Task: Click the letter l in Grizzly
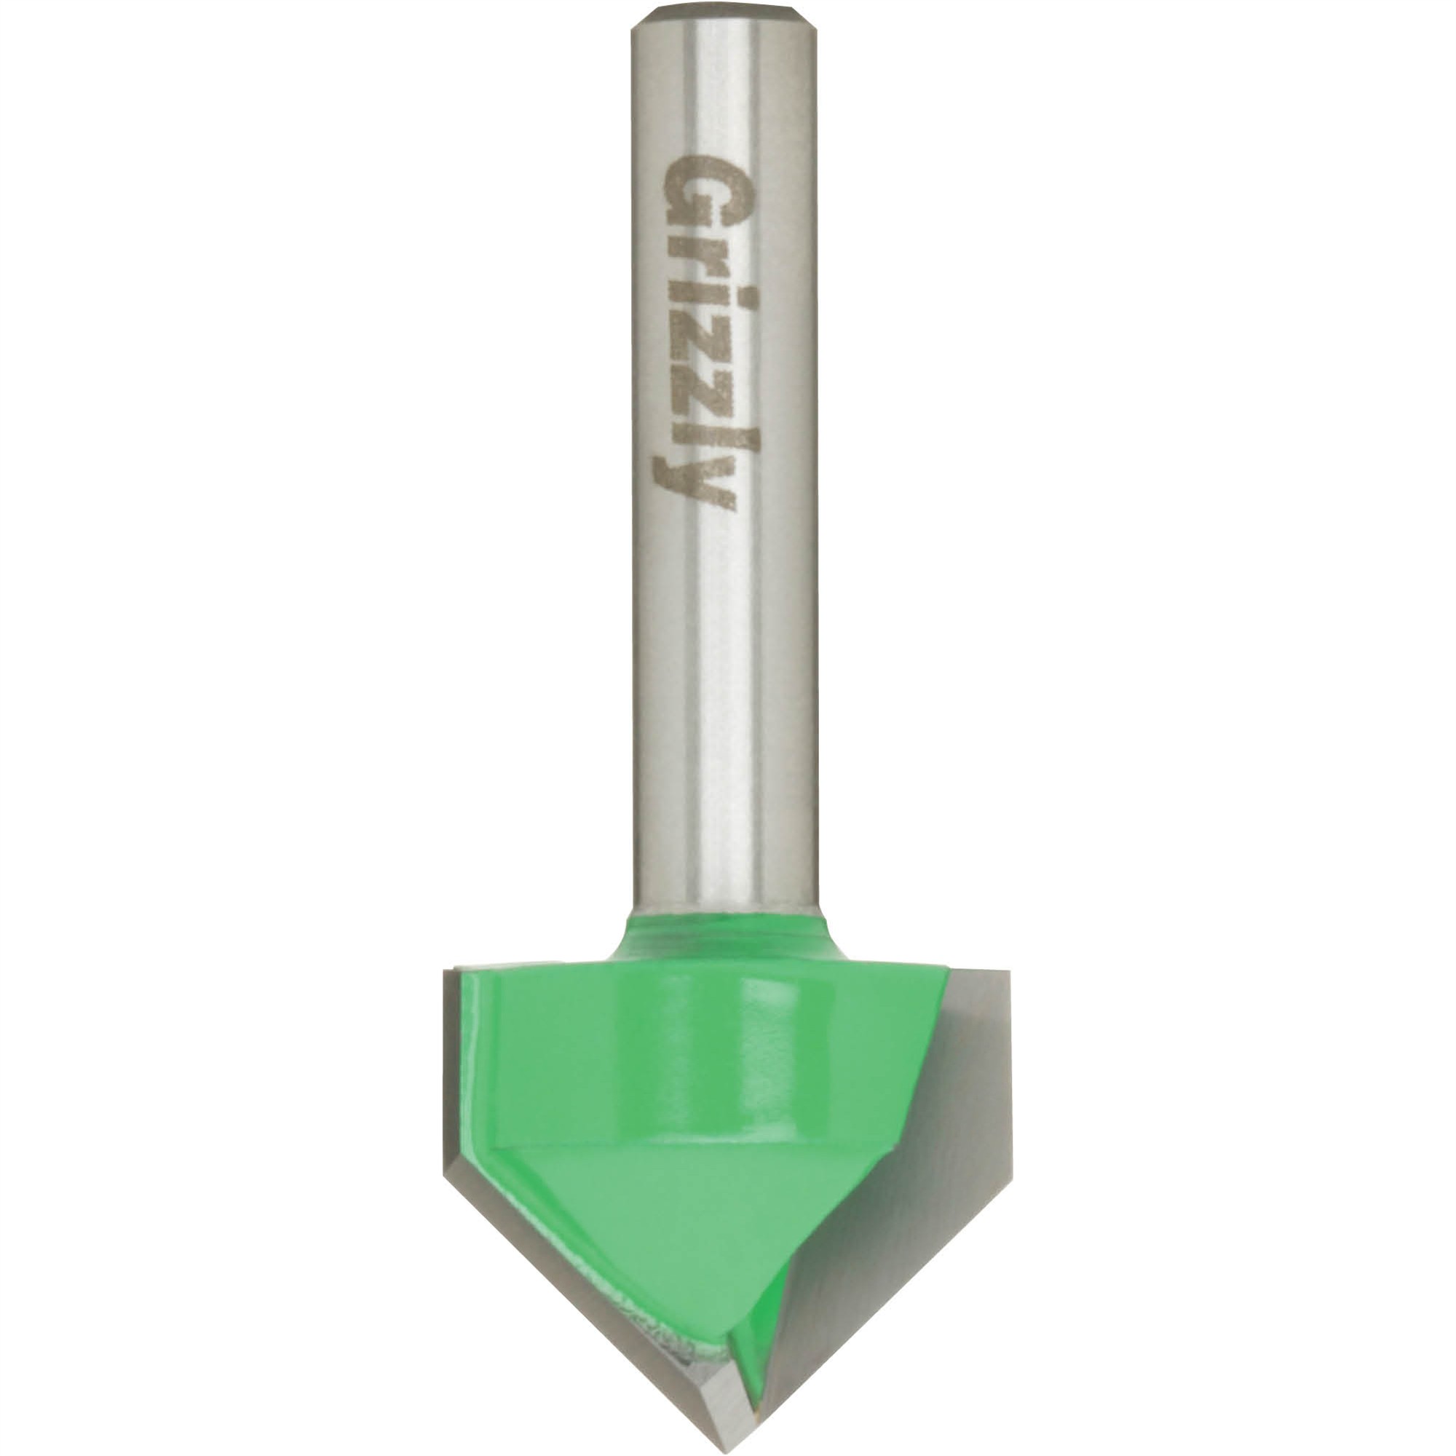pyautogui.click(x=697, y=432)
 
